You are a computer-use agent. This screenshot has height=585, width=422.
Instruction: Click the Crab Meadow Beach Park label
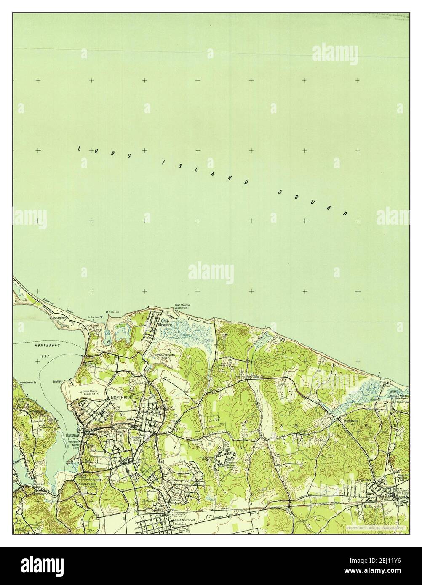[x=182, y=306]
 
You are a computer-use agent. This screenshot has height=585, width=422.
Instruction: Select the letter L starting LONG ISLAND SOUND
[x=79, y=149]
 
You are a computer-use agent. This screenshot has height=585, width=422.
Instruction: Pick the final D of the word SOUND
[x=345, y=213]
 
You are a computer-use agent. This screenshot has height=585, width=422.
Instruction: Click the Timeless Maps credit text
[x=373, y=527]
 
